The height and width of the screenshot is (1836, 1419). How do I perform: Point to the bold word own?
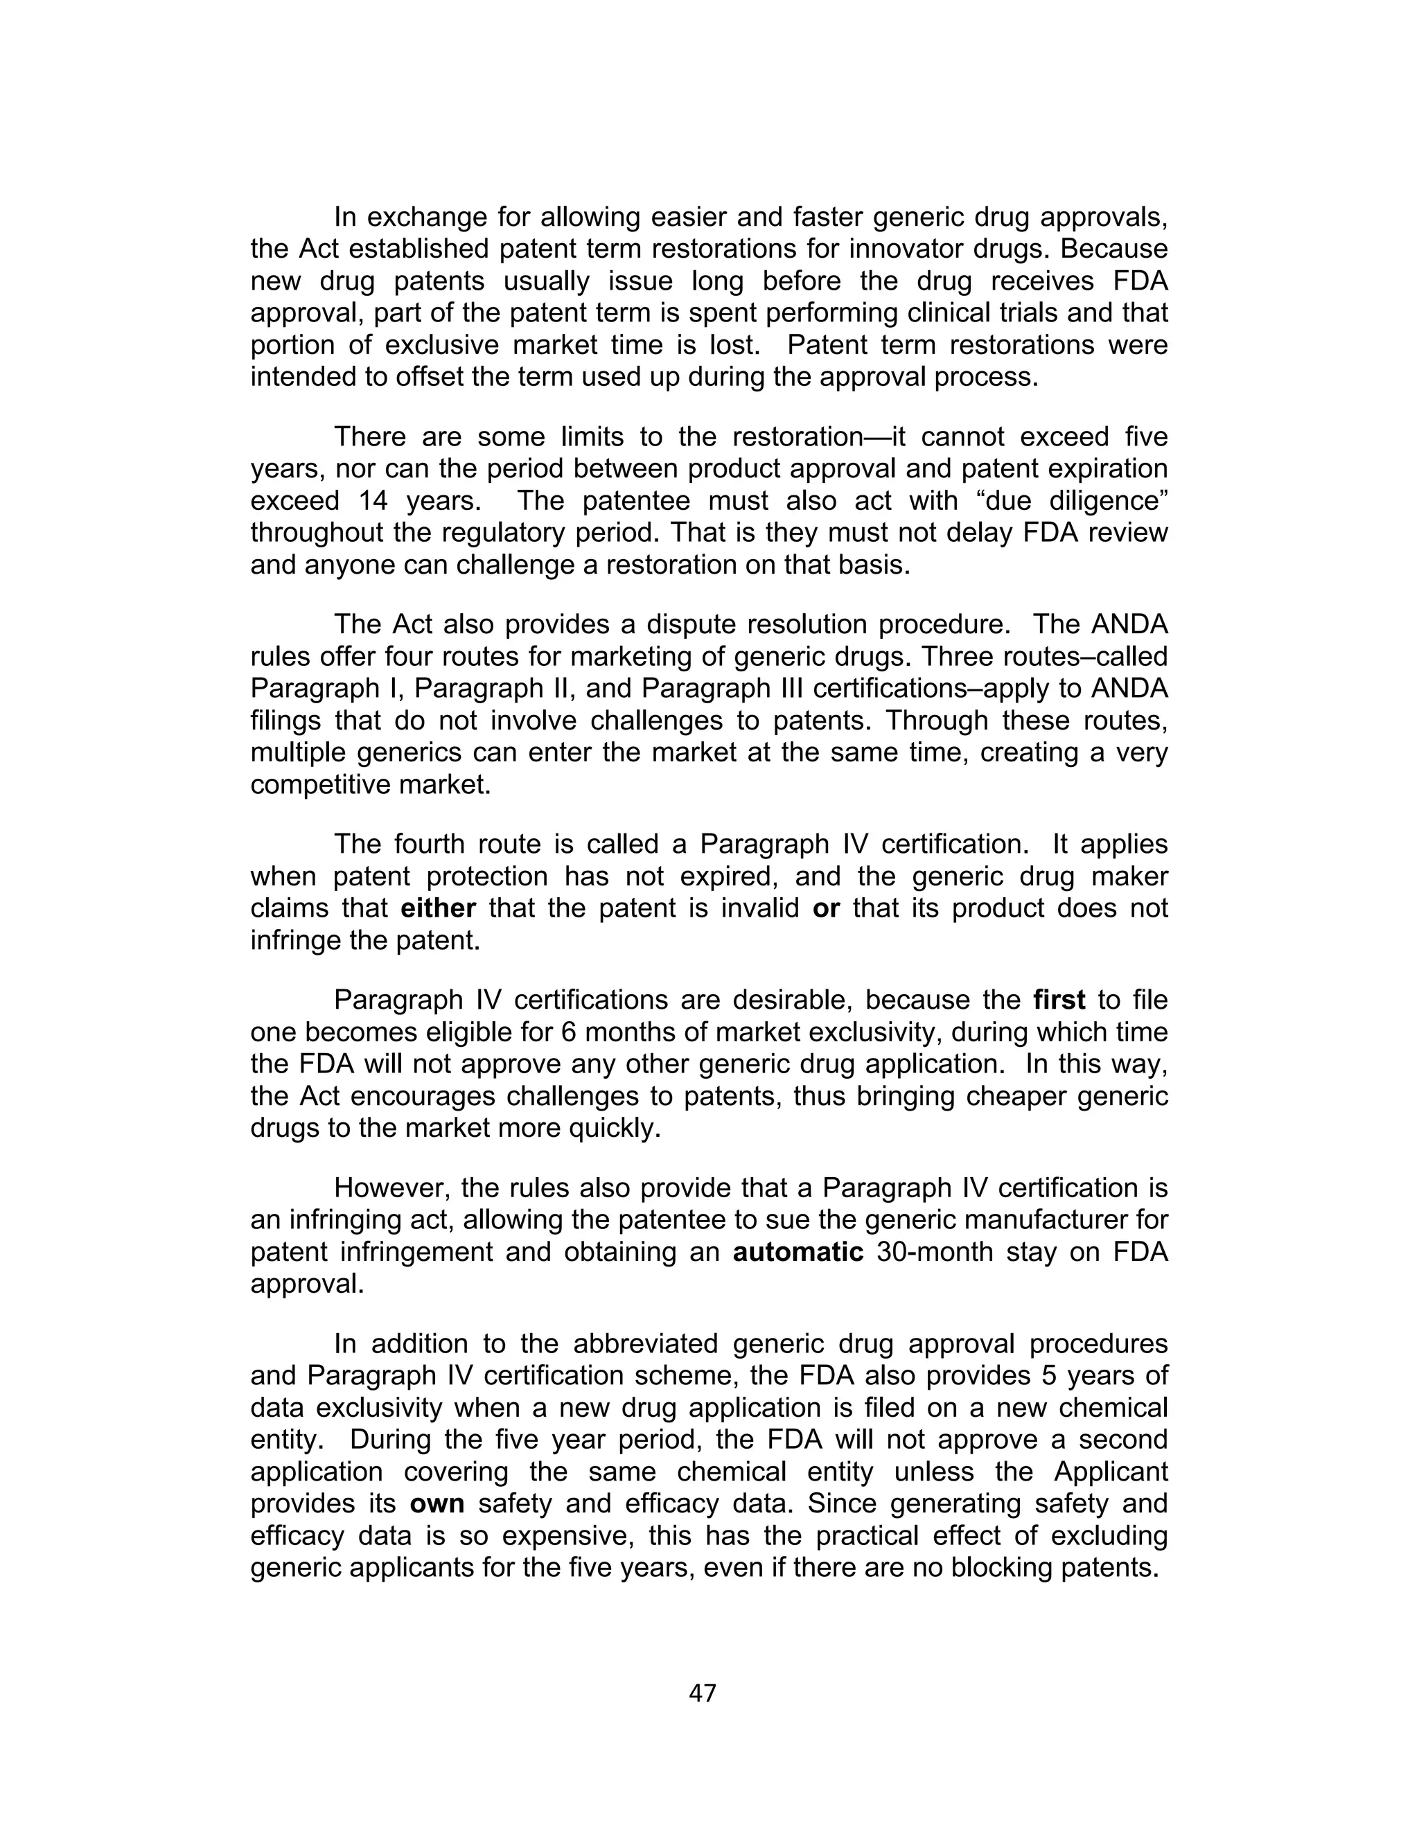point(437,1503)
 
